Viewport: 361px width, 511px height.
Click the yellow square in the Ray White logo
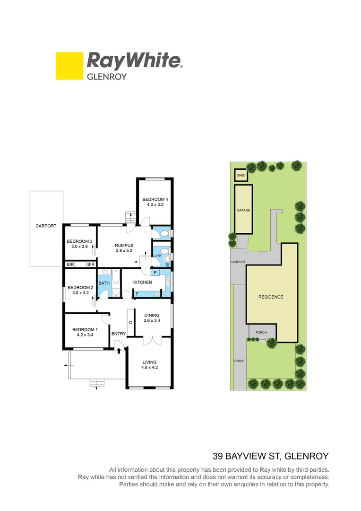(69, 66)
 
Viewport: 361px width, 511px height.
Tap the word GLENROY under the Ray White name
(106, 76)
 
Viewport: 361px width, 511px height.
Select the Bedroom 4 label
(155, 199)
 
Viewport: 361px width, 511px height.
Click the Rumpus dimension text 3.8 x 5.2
(124, 251)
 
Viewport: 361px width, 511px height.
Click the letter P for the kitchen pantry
(155, 273)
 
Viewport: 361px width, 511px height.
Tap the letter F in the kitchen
(137, 294)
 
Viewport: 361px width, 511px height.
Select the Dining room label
(152, 316)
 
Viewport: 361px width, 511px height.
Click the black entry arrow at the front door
(119, 351)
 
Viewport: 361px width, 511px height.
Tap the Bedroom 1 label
(85, 330)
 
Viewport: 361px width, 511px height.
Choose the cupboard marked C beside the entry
(130, 323)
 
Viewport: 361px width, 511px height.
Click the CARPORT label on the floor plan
(46, 226)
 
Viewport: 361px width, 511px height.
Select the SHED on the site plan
(241, 176)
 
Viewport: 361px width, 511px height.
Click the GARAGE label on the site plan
(243, 210)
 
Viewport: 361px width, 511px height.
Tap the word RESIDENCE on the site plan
(271, 297)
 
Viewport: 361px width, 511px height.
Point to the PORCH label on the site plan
(261, 333)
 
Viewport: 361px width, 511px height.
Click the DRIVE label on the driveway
(240, 361)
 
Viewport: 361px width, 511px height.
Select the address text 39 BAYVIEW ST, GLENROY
(270, 457)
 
